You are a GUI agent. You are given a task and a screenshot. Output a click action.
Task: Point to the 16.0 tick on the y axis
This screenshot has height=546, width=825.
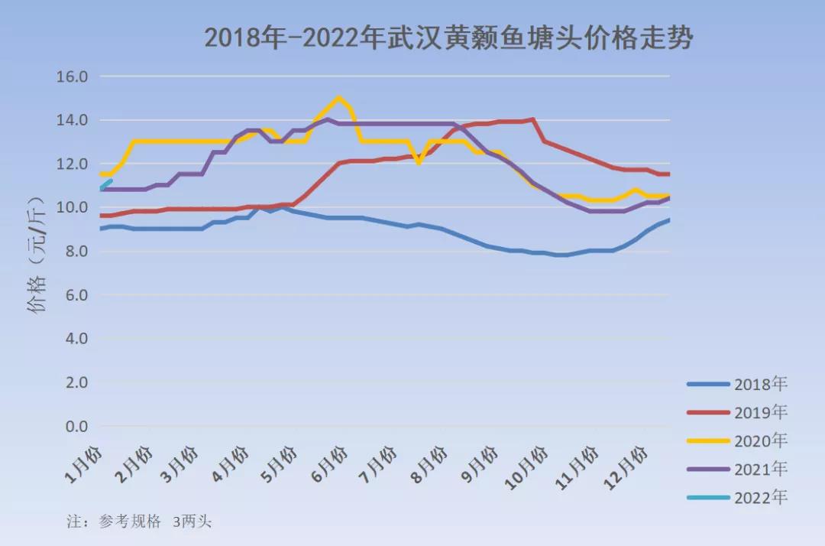[x=73, y=76]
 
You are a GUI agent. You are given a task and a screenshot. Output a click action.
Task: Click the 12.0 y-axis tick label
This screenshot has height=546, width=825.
[x=73, y=164]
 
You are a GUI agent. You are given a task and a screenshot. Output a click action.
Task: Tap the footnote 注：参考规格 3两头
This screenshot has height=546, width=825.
[x=140, y=522]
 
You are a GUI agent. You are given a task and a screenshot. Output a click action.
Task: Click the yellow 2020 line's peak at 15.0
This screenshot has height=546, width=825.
[x=339, y=98]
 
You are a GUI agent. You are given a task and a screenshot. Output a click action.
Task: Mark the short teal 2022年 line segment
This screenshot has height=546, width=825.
[x=106, y=184]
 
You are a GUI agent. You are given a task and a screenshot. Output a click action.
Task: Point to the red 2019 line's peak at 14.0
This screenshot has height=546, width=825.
[x=532, y=119]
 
